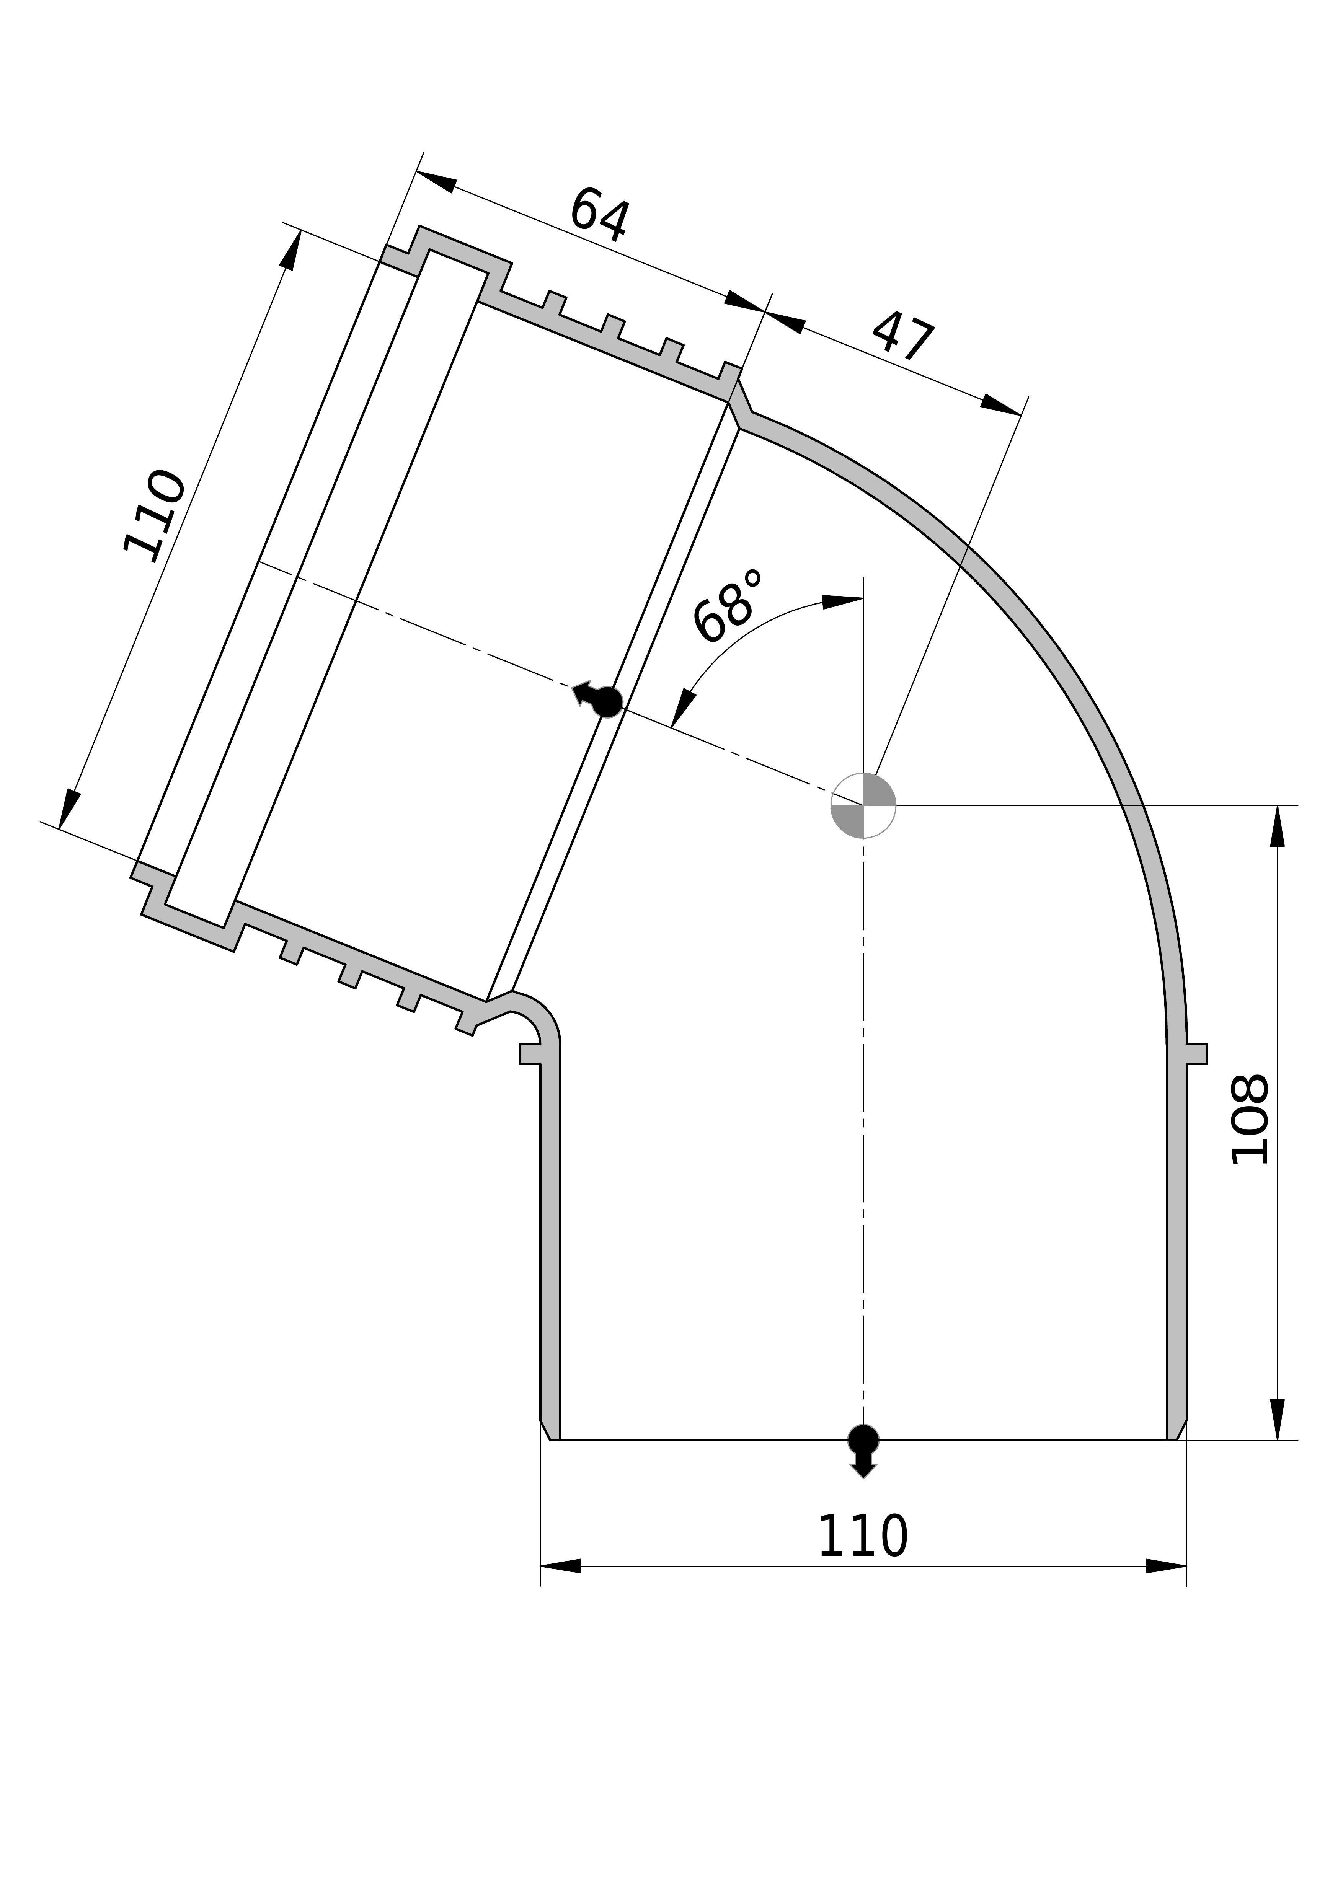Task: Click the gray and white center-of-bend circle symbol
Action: pyautogui.click(x=863, y=805)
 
